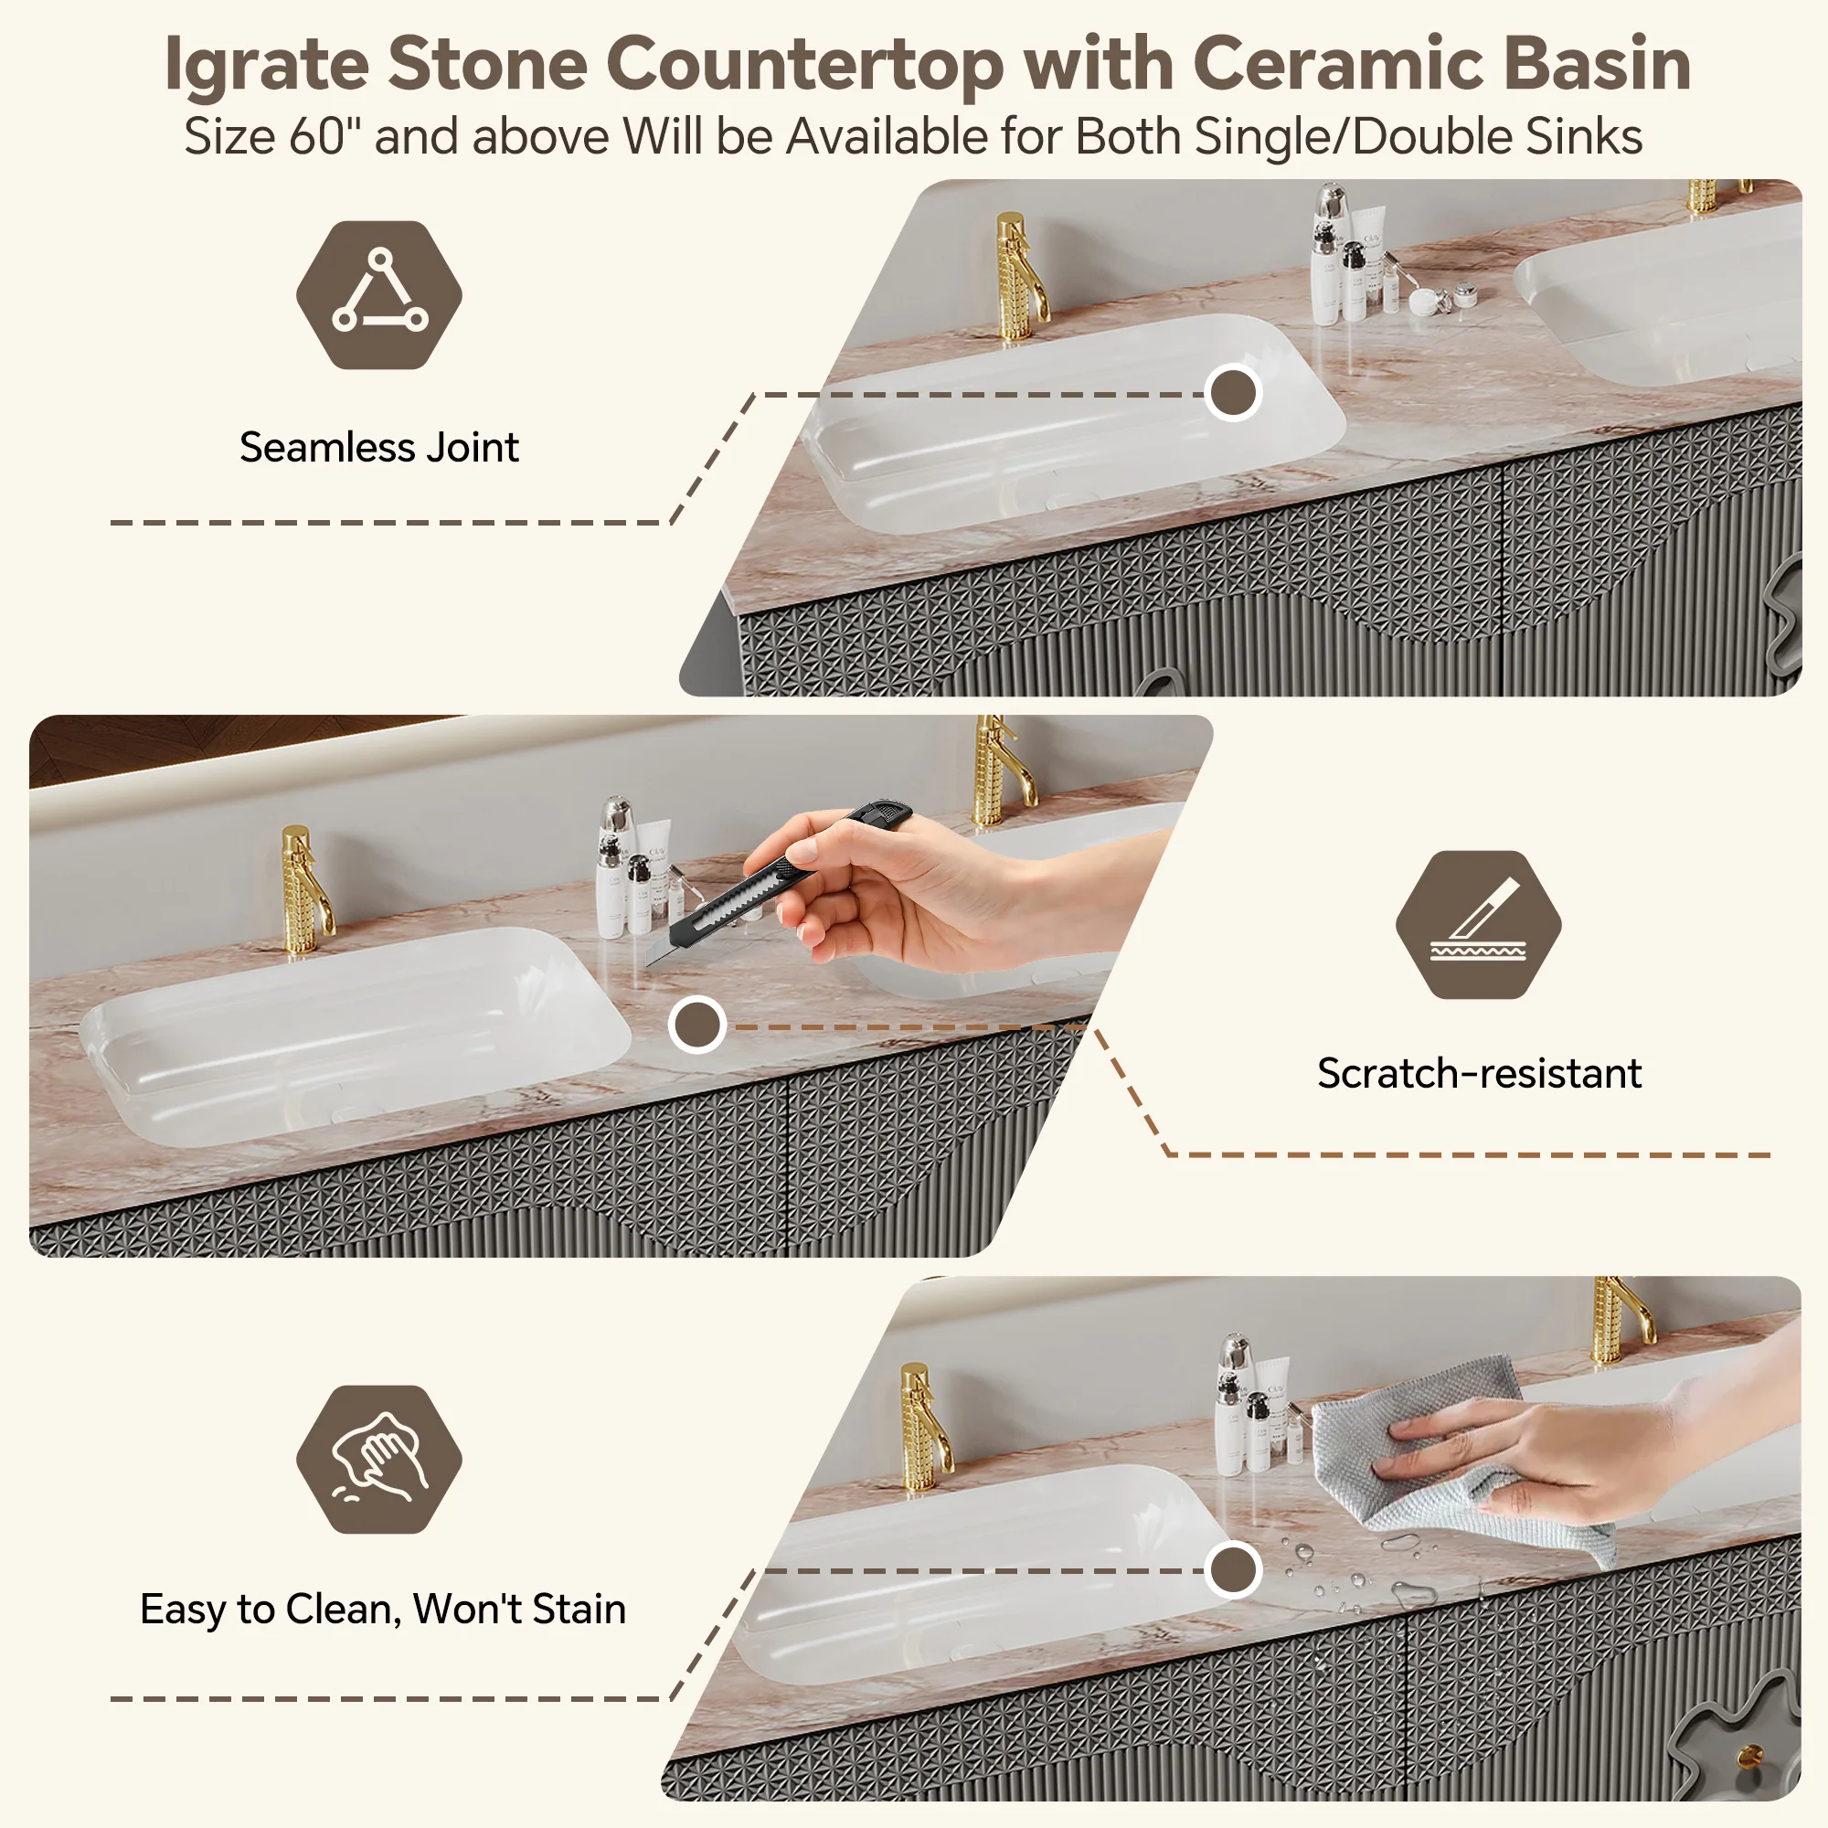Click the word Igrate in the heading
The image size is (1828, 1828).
267,64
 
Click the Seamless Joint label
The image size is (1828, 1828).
378,447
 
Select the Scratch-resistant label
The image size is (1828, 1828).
1479,1073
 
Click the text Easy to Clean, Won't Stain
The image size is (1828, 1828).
383,1609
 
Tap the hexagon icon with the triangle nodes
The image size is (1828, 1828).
378,295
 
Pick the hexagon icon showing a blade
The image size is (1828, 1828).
1478,924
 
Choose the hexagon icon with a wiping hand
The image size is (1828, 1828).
378,1460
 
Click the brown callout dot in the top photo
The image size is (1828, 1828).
1234,393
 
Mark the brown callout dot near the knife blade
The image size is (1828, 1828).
697,1025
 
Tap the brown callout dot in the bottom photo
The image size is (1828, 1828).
1234,1569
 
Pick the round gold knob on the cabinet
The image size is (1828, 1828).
1750,1756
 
